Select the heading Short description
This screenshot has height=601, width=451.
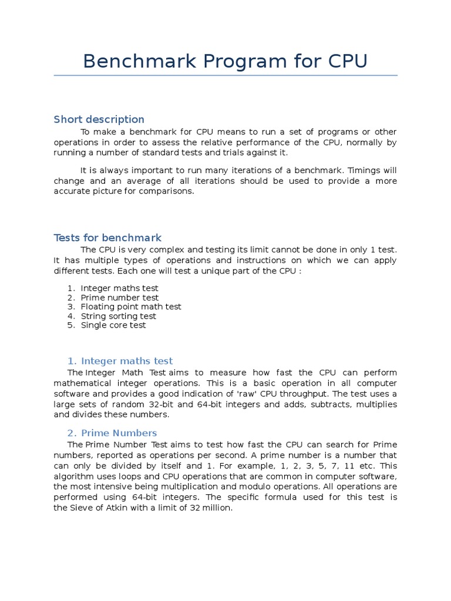coord(99,119)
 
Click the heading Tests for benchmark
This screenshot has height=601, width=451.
coord(107,238)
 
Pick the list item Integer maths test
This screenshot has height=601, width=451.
coord(119,288)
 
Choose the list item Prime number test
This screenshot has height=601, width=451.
coord(120,298)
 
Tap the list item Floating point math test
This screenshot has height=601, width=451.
coord(131,306)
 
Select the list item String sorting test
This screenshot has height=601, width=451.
coord(119,316)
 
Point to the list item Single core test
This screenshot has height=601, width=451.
coord(113,325)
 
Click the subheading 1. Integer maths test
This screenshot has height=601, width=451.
coord(120,361)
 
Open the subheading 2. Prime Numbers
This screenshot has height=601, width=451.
coord(112,433)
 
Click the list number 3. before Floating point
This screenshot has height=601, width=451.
coord(70,306)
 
